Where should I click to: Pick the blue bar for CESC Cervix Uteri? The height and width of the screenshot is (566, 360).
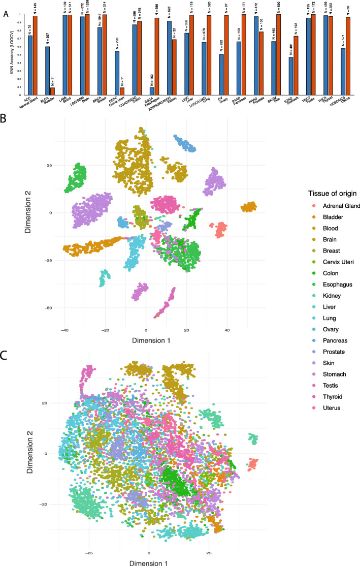pyautogui.click(x=117, y=72)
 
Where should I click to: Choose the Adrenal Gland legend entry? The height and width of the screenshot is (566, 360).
pyautogui.click(x=335, y=206)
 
